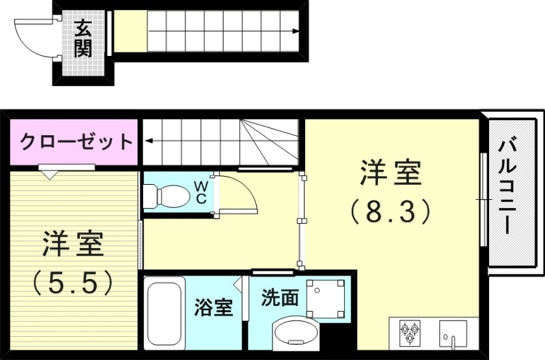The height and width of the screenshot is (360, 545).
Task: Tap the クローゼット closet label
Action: (76, 142)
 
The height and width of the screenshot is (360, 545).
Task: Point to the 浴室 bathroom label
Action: (213, 307)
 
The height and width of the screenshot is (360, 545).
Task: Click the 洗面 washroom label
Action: (281, 298)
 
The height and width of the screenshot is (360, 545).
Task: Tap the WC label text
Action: (202, 192)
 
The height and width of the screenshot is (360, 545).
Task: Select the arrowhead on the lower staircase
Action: (146, 142)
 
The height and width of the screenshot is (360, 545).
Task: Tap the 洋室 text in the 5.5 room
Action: (73, 245)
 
